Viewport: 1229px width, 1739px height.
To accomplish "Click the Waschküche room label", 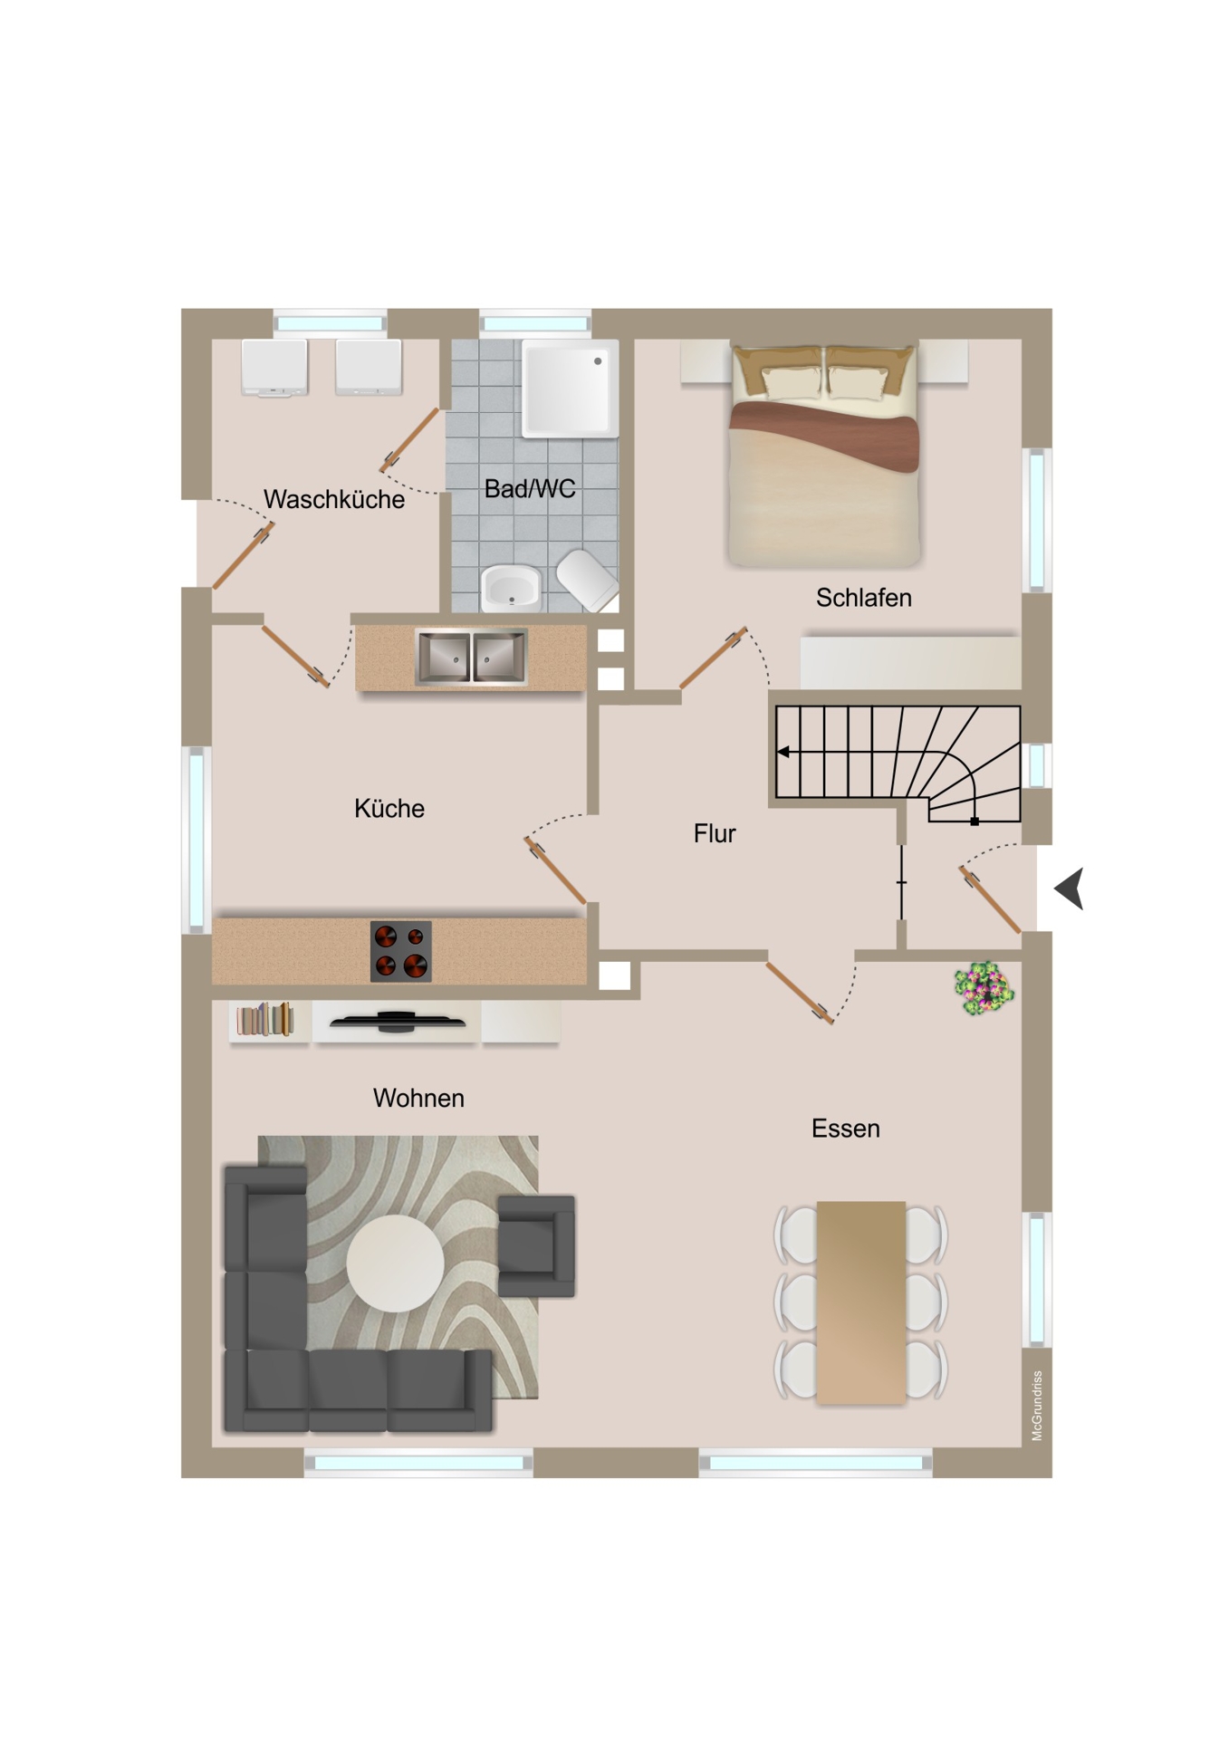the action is [x=333, y=499].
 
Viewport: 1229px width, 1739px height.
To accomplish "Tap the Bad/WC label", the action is [x=530, y=489].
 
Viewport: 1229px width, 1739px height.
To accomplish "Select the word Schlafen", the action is [x=863, y=598].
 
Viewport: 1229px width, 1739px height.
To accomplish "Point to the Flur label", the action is [x=715, y=833].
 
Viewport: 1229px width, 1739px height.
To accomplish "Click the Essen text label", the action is [x=845, y=1129].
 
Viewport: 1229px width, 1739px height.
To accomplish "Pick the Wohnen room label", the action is [x=418, y=1099].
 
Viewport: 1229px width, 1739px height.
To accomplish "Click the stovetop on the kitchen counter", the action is [x=400, y=951].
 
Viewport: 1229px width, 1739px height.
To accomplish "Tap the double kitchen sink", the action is [x=471, y=657].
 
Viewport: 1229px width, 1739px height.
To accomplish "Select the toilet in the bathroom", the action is [x=588, y=580].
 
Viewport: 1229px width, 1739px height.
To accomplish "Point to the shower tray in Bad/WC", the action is [x=570, y=388].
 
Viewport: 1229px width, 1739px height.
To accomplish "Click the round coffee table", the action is [x=395, y=1263].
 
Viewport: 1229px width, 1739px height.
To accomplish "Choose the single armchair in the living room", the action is [x=536, y=1245].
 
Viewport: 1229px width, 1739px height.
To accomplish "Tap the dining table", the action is [x=860, y=1302].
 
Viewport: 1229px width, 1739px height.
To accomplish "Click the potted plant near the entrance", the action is [x=984, y=988].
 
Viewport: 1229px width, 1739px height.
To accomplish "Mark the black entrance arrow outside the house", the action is [x=1070, y=889].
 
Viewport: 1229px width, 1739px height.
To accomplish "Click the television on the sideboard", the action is [x=397, y=1021].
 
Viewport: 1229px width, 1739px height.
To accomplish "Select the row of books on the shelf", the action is [x=265, y=1019].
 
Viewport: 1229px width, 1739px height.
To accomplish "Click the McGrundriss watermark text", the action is [x=1037, y=1406].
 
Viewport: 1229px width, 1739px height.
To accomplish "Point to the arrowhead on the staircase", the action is [x=783, y=752].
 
